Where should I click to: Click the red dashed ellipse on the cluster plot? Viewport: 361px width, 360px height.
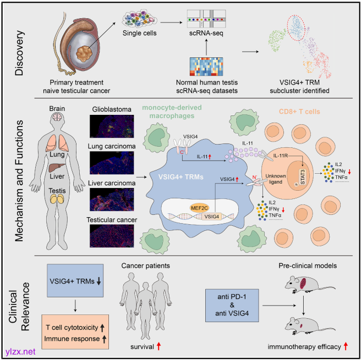pos(298,31)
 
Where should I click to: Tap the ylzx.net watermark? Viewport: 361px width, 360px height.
pos(19,349)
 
